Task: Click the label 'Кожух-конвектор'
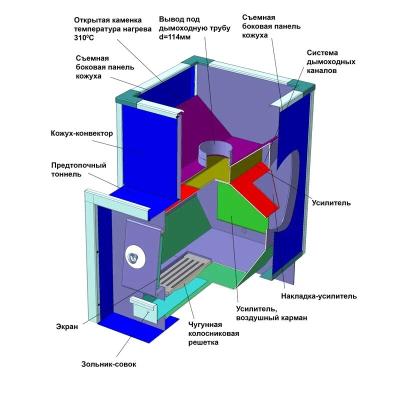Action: (81, 133)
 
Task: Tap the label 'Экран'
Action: (66, 326)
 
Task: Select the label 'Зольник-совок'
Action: (109, 364)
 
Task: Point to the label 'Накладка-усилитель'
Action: (319, 296)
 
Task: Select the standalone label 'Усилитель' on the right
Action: (331, 202)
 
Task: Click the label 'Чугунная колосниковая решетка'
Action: (210, 333)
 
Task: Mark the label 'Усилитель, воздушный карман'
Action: (271, 313)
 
